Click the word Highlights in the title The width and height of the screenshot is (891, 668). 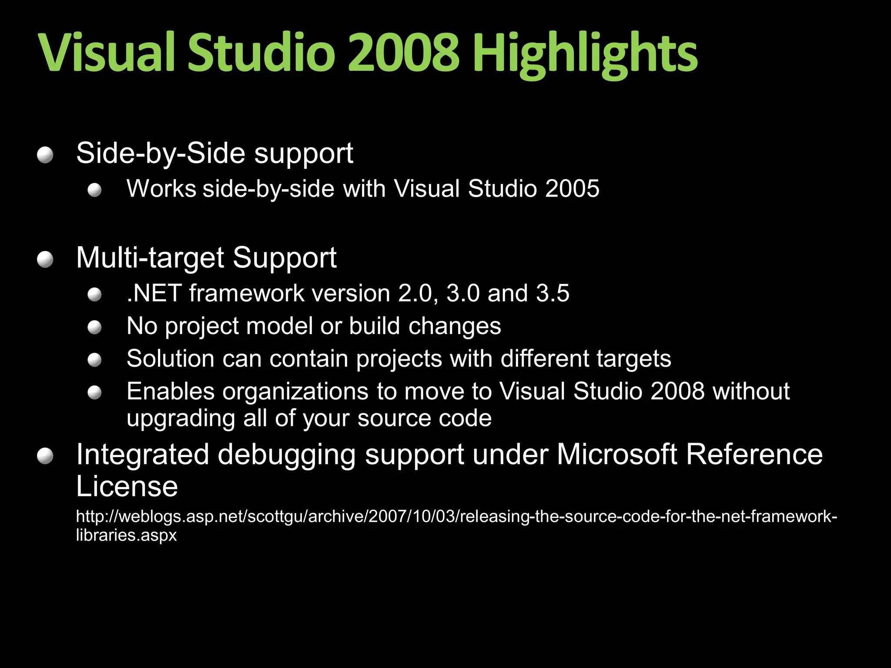pyautogui.click(x=585, y=54)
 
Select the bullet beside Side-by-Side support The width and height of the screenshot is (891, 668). pyautogui.click(x=45, y=155)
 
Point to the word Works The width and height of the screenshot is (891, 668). pyautogui.click(x=161, y=189)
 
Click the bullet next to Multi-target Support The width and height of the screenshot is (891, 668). pyautogui.click(x=45, y=260)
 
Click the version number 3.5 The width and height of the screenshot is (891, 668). pyautogui.click(x=553, y=293)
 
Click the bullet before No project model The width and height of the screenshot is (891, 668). pyautogui.click(x=94, y=327)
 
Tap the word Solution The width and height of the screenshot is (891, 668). pyautogui.click(x=170, y=359)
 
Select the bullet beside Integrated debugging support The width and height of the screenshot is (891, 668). pyautogui.click(x=45, y=457)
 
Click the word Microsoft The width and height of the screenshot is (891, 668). pyautogui.click(x=617, y=455)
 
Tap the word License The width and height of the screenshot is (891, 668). pyautogui.click(x=127, y=486)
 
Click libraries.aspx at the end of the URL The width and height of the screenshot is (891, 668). pyautogui.click(x=126, y=535)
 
